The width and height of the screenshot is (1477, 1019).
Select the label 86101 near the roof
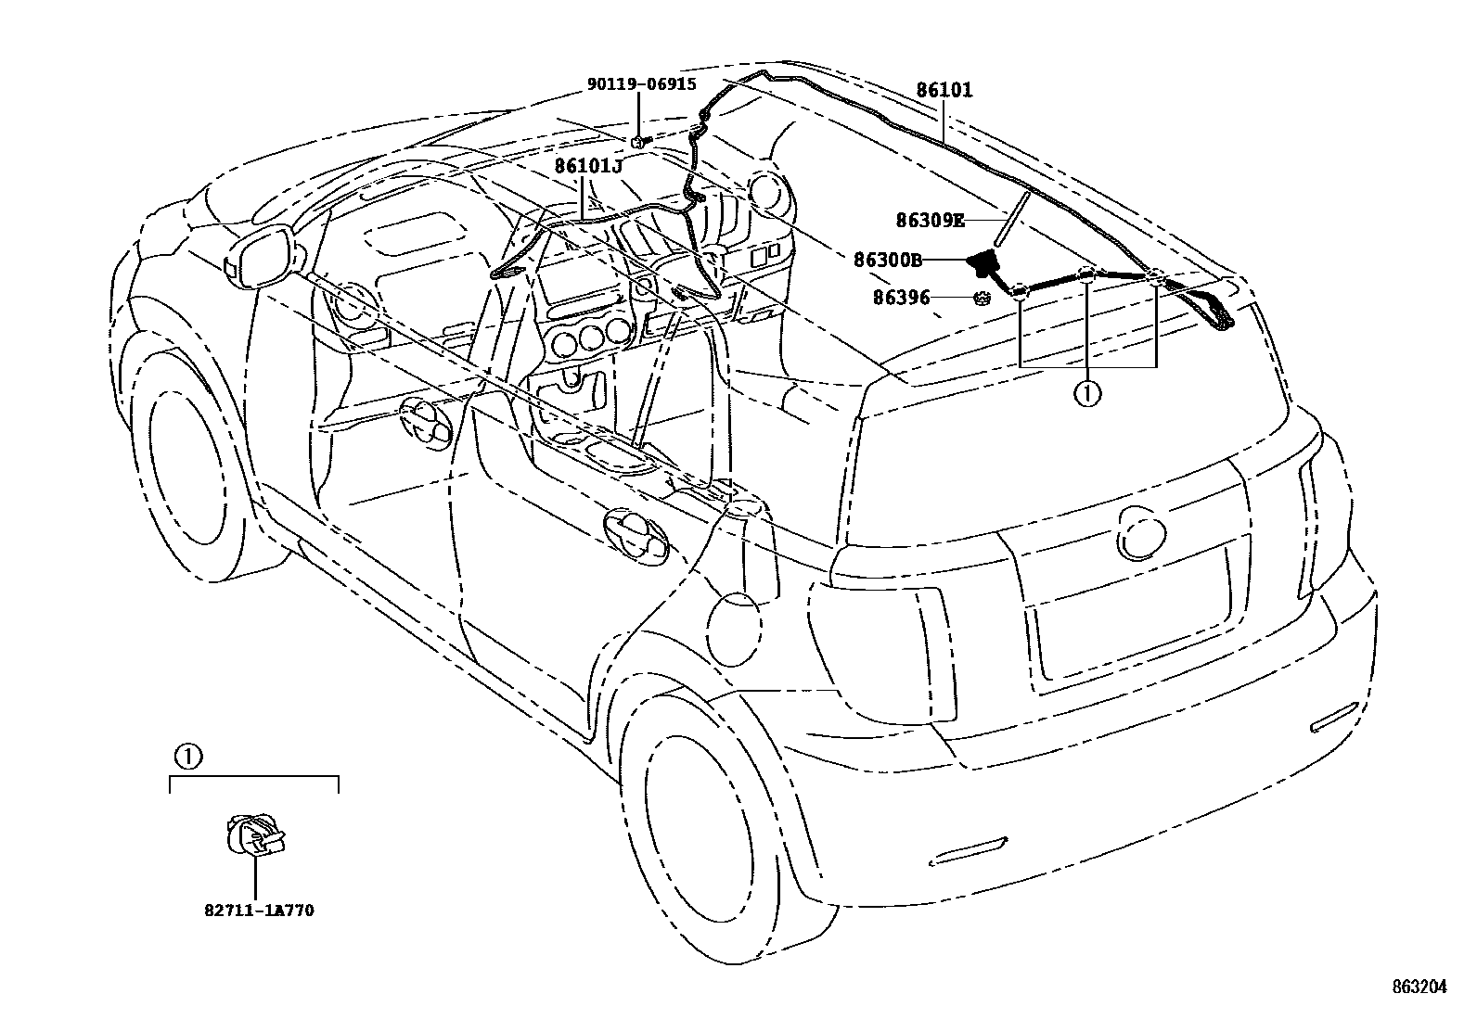click(944, 90)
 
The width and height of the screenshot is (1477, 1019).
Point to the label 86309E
click(930, 221)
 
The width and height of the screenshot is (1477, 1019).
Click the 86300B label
click(888, 261)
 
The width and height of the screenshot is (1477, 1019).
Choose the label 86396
click(900, 298)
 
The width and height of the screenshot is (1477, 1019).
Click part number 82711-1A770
click(259, 911)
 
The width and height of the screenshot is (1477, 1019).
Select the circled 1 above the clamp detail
click(186, 757)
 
